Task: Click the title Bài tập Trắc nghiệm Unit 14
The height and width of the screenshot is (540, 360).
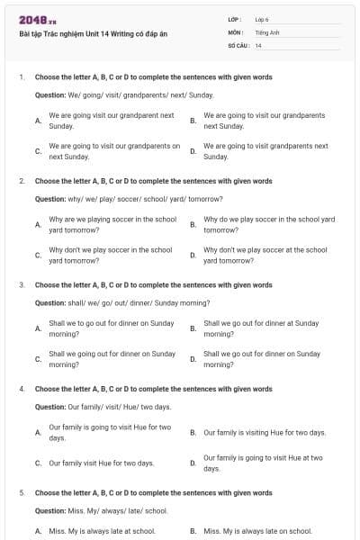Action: (x=93, y=34)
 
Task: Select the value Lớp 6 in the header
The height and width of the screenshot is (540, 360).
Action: (x=262, y=19)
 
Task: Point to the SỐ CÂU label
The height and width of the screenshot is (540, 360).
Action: (x=238, y=45)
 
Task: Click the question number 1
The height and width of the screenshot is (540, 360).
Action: (x=22, y=77)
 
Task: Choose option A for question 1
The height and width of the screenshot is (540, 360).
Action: (x=111, y=121)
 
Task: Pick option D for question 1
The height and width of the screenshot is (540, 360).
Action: (x=265, y=150)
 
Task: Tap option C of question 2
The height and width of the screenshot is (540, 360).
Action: (x=110, y=255)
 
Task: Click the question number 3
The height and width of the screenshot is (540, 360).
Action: (x=22, y=284)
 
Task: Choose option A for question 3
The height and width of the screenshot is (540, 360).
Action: (x=111, y=328)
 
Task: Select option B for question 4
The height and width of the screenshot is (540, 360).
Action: (x=264, y=433)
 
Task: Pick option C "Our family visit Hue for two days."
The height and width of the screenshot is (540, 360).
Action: (x=101, y=463)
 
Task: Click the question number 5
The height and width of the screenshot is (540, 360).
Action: (x=22, y=493)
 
